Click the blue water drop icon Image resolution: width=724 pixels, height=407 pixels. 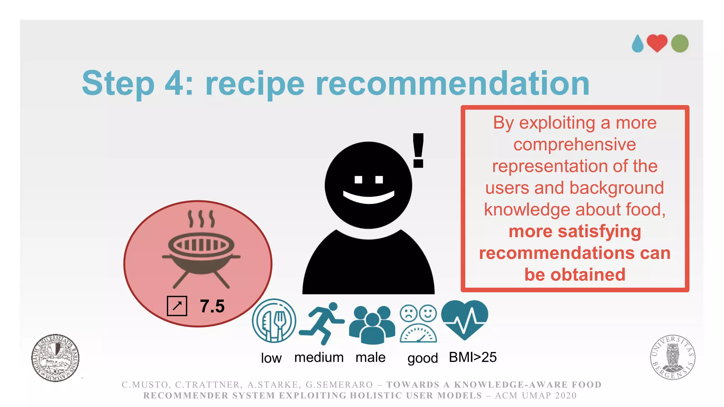coord(638,44)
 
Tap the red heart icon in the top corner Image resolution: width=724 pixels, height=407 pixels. coord(657,43)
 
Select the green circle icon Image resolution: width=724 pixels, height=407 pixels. coord(680,43)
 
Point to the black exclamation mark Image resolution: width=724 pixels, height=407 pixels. coord(418,150)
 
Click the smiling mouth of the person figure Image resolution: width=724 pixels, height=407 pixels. coord(368,197)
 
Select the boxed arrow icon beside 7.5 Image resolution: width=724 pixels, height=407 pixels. coord(177,306)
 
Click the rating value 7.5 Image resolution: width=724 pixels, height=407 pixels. coord(212,306)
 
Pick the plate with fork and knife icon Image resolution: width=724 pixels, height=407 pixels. coord(274,321)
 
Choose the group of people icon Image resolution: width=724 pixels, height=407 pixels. coord(372,324)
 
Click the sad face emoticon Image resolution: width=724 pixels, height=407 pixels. coord(408,313)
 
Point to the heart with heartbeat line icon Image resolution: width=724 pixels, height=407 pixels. coord(465,319)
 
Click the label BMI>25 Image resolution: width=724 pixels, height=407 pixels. coord(473,357)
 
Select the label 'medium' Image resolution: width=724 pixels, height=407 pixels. coord(319,357)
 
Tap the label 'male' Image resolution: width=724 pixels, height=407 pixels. coord(370,357)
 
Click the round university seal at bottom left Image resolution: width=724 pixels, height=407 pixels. coord(55,358)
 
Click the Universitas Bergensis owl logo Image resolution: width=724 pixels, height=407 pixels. coord(673,357)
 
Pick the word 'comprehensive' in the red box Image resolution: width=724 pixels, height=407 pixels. coord(574,144)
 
